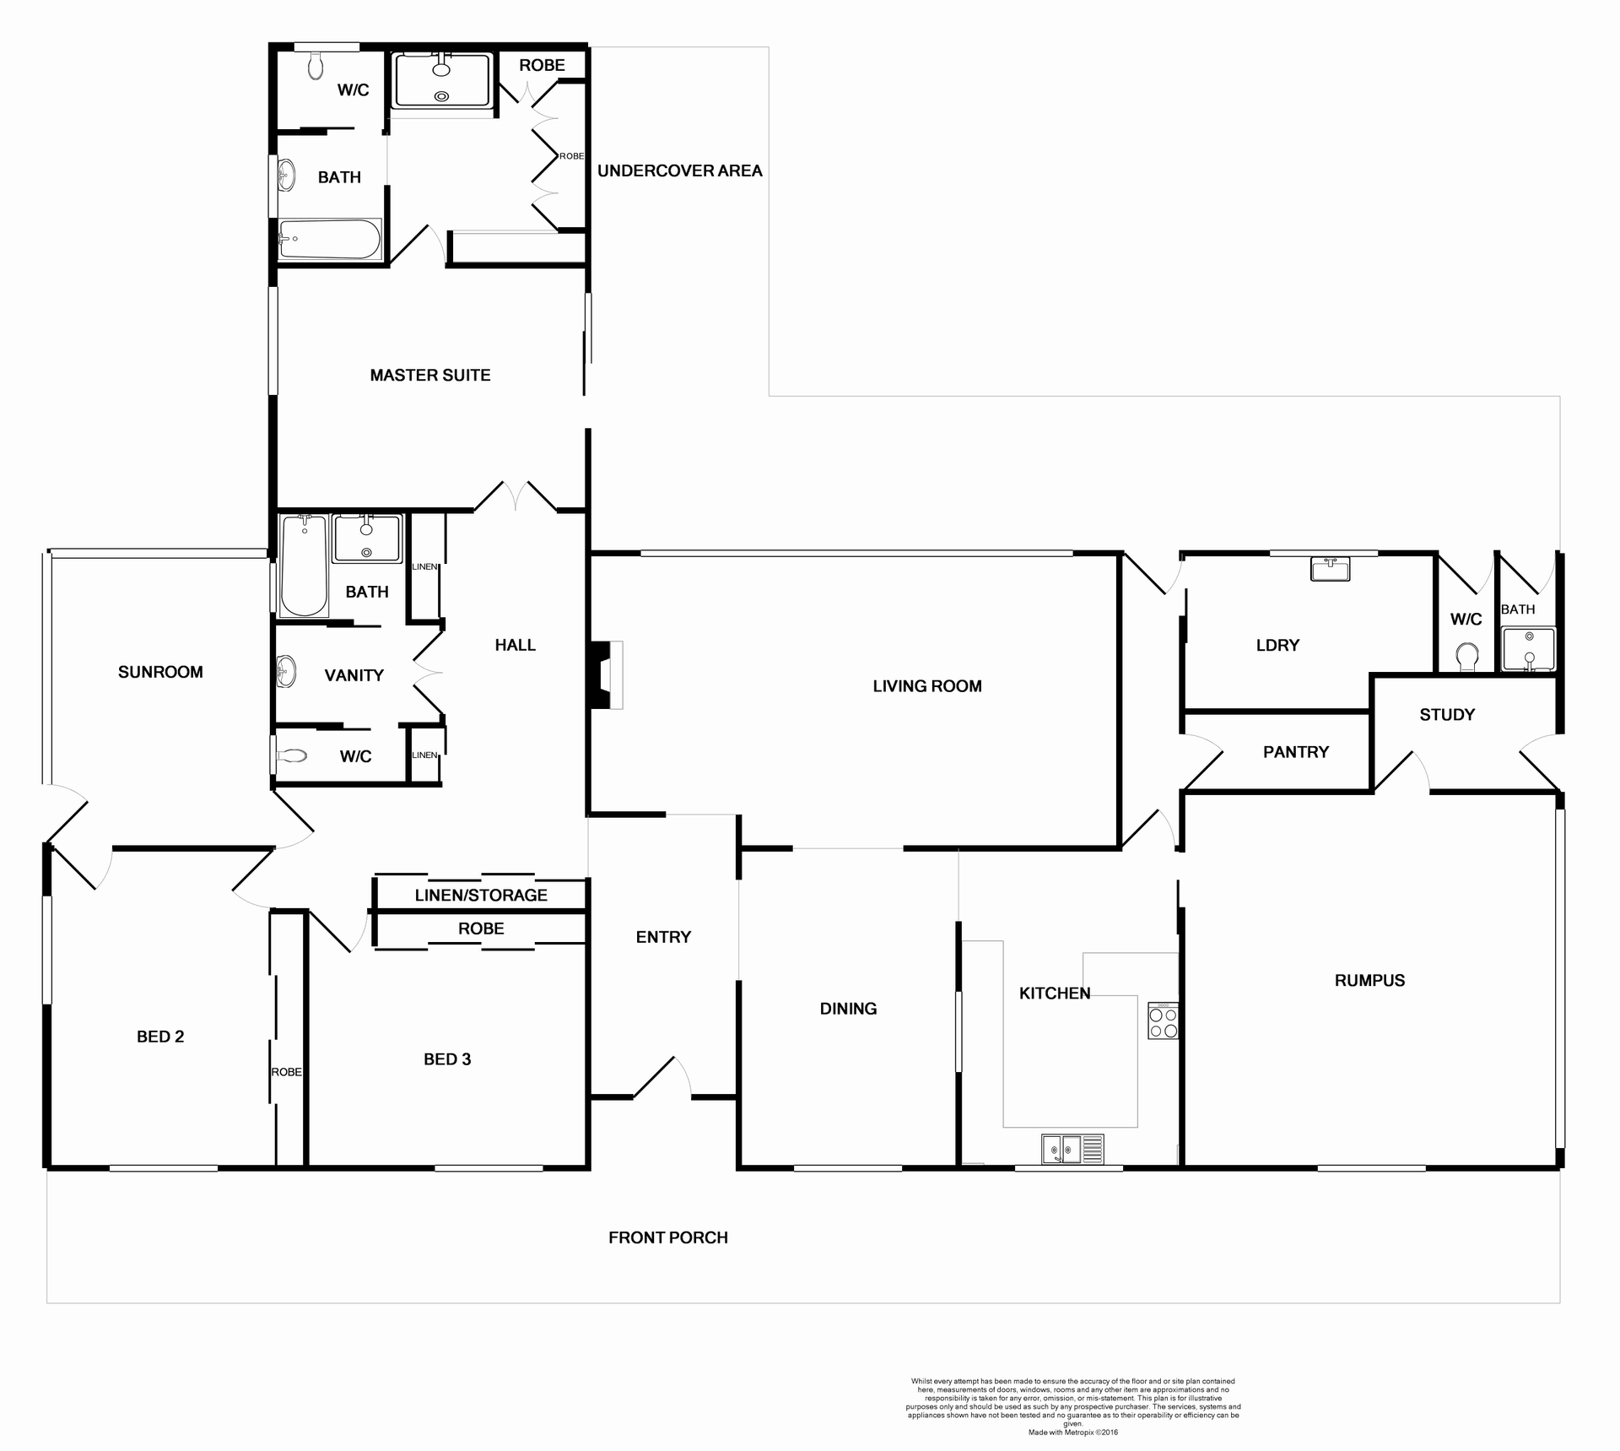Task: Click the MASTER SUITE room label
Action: point(430,375)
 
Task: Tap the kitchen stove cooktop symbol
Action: point(1163,1021)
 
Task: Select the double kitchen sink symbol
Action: point(1072,1149)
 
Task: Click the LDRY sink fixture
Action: point(1330,568)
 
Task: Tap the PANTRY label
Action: point(1295,752)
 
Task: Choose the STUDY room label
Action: point(1447,715)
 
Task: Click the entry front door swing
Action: point(662,1078)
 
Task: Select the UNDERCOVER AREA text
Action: point(679,171)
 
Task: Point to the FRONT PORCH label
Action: point(667,1237)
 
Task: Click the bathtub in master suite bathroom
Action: point(329,240)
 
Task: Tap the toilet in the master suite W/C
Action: point(316,65)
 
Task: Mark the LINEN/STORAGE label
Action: point(481,895)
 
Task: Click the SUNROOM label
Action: point(160,672)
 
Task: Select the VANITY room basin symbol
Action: point(286,673)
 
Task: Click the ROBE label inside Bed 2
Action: point(286,1072)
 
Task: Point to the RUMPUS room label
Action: point(1369,980)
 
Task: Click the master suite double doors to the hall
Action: point(515,497)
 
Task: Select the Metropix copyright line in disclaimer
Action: point(1072,1432)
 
